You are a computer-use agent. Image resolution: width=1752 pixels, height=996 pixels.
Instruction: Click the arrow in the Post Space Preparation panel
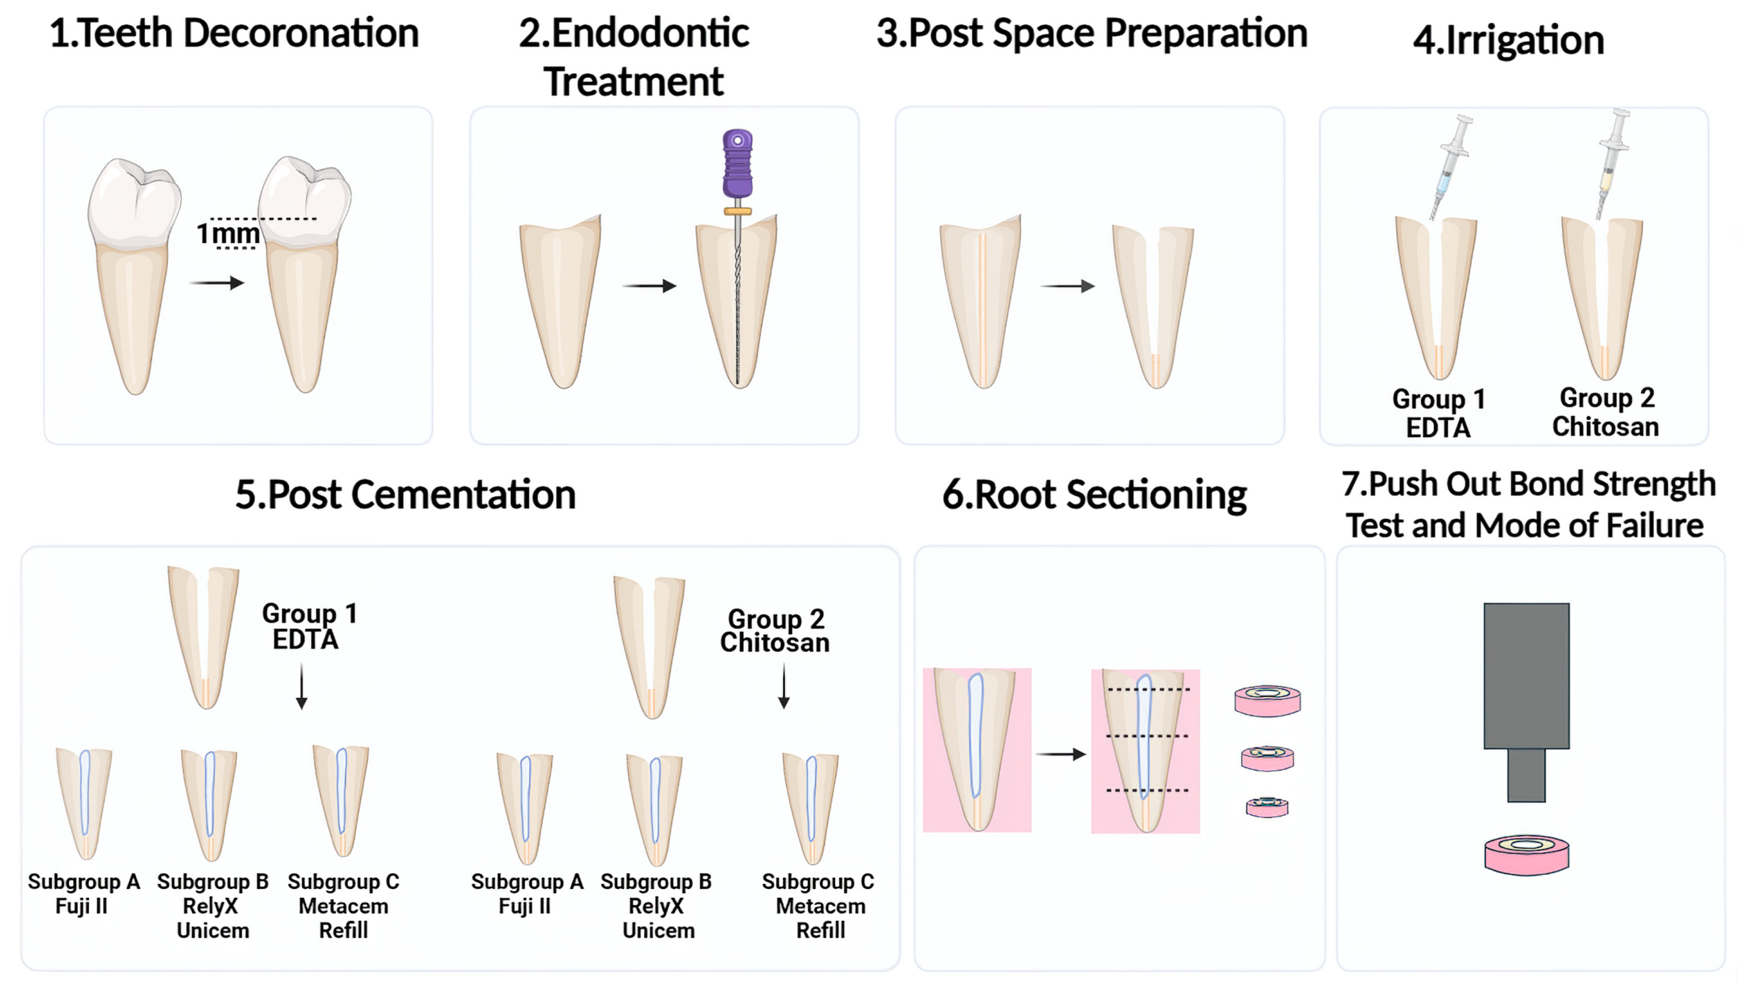point(1067,286)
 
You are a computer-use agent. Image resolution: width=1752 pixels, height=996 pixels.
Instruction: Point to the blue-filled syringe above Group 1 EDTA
point(1449,168)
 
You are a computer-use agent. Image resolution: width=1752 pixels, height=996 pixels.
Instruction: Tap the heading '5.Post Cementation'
point(405,494)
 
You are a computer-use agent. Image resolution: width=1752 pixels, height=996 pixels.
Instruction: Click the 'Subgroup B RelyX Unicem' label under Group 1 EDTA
point(212,906)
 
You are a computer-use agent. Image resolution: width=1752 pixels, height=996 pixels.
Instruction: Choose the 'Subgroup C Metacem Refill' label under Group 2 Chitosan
point(819,906)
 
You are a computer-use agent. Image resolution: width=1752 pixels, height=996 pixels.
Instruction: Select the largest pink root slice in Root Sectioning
point(1267,701)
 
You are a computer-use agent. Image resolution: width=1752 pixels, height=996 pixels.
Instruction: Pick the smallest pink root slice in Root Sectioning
point(1267,807)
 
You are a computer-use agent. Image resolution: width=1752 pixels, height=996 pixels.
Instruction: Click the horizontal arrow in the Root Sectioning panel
point(1061,754)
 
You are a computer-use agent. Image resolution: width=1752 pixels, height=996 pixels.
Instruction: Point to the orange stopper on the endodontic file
point(737,211)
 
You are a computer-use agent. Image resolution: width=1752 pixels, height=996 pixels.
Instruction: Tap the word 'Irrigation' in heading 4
point(1524,40)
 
